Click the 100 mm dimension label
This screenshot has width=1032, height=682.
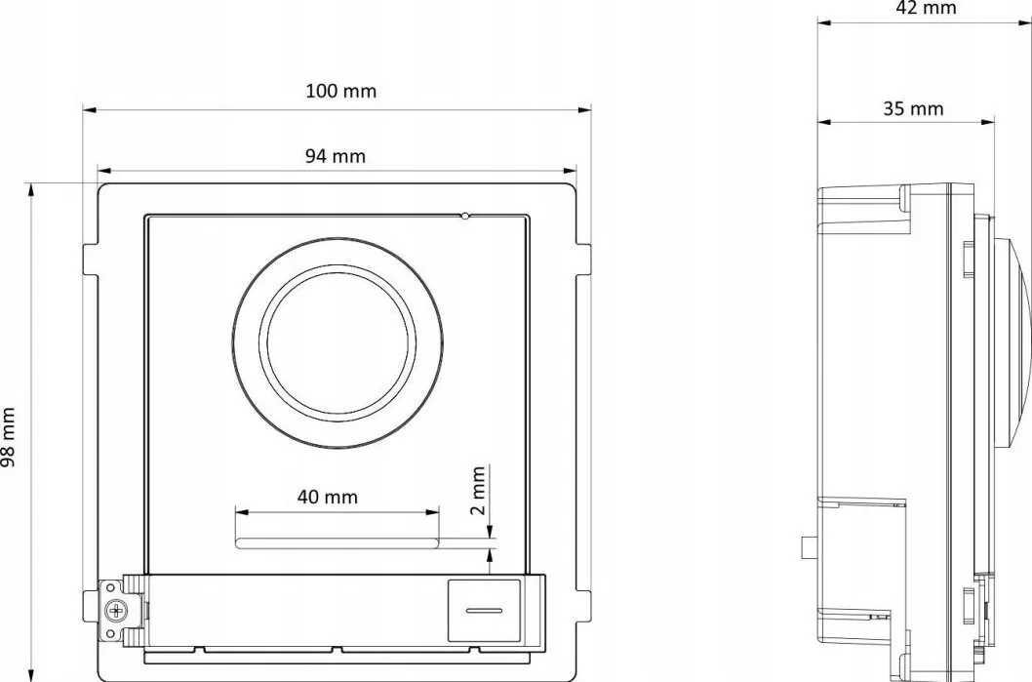click(341, 91)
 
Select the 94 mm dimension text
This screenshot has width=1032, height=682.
click(335, 156)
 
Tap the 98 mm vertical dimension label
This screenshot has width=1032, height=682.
click(7, 437)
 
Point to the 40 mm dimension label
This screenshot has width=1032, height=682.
click(327, 497)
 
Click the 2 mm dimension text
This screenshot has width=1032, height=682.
click(479, 491)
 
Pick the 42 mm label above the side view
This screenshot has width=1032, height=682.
click(926, 8)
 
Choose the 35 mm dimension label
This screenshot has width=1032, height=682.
click(914, 108)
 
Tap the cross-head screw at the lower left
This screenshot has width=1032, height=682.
click(116, 610)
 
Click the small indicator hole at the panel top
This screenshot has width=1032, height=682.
click(465, 216)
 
